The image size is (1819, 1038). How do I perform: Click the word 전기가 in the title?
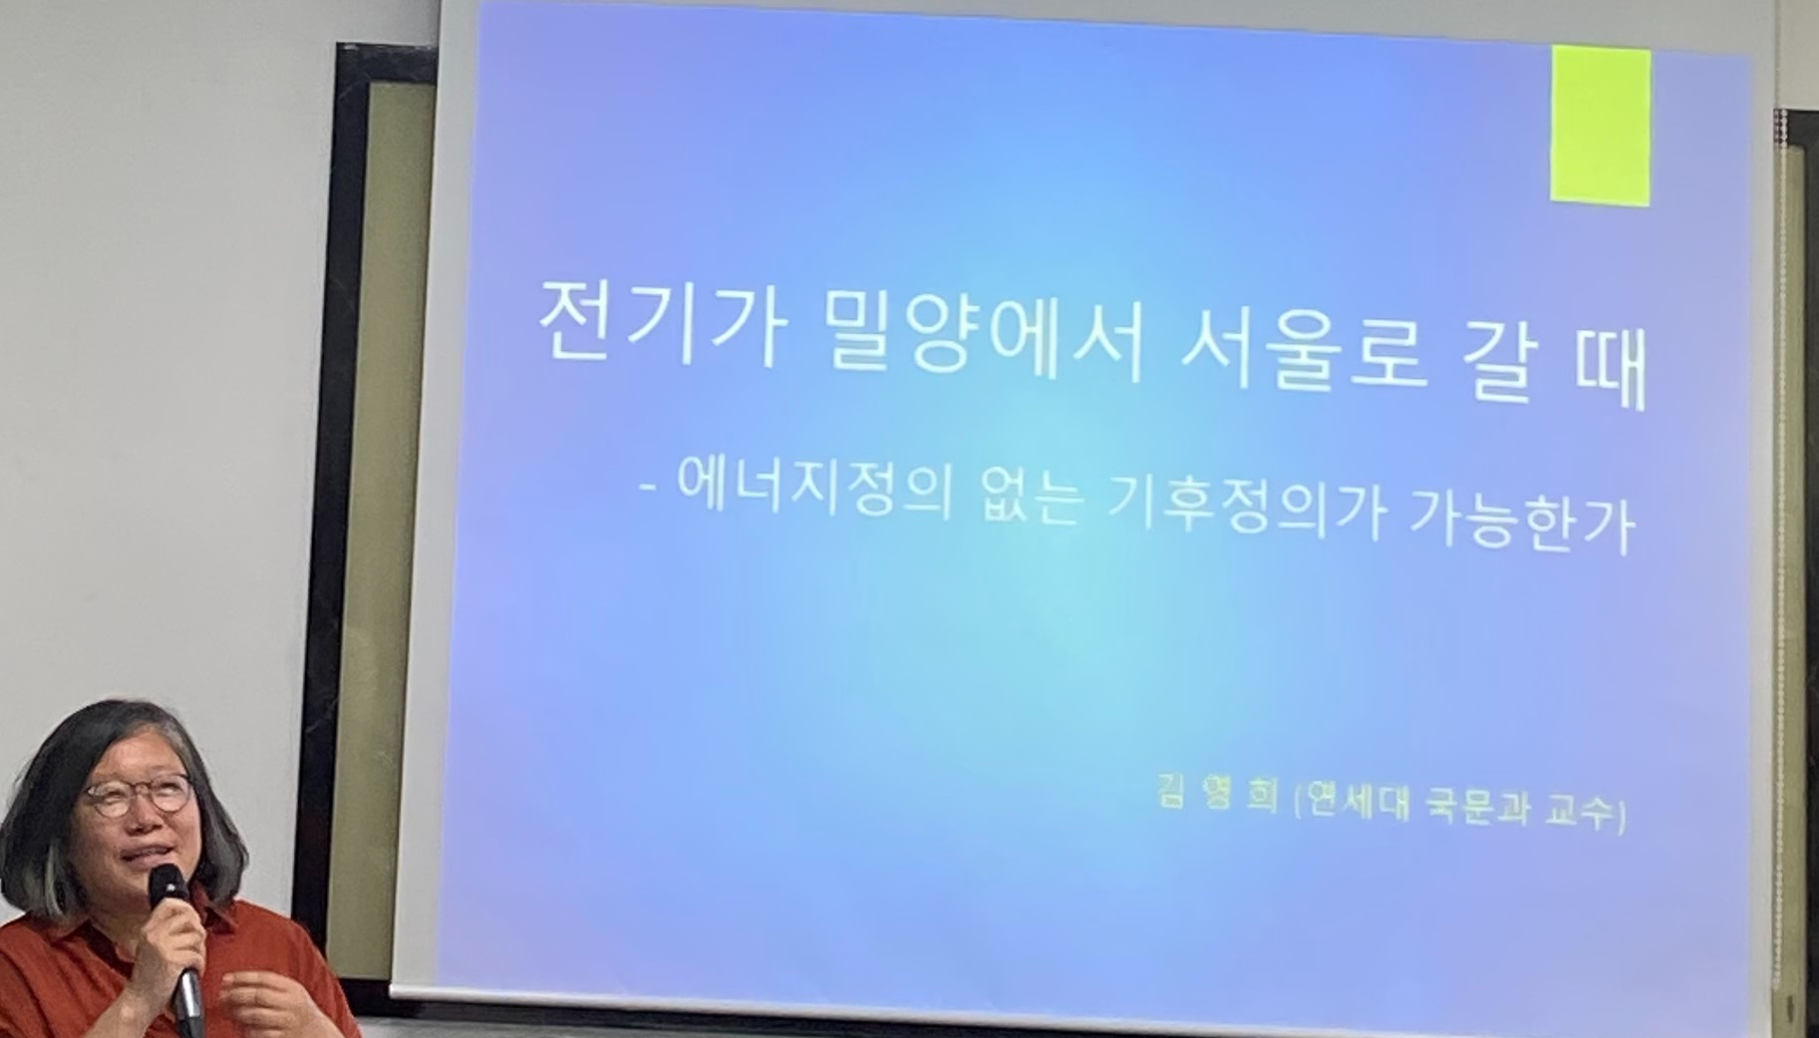(x=658, y=322)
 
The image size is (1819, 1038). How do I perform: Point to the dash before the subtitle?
(x=652, y=488)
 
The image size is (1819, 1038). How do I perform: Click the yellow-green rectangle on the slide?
(x=1600, y=126)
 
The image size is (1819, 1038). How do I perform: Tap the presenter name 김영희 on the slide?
(x=1216, y=795)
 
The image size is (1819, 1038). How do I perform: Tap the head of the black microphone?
(x=166, y=885)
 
